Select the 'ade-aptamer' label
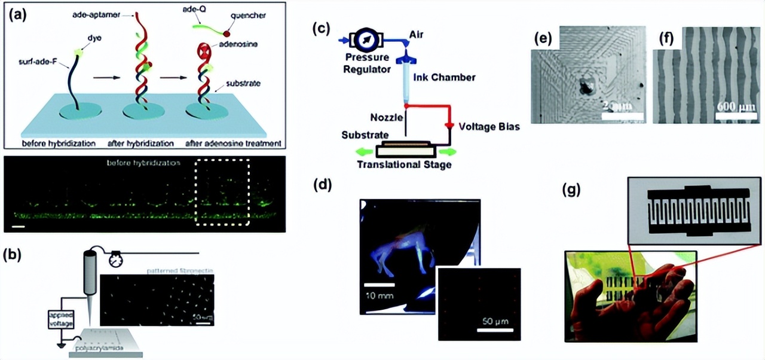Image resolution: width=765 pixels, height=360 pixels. (x=96, y=13)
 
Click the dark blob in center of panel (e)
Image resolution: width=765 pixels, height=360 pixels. (x=585, y=88)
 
